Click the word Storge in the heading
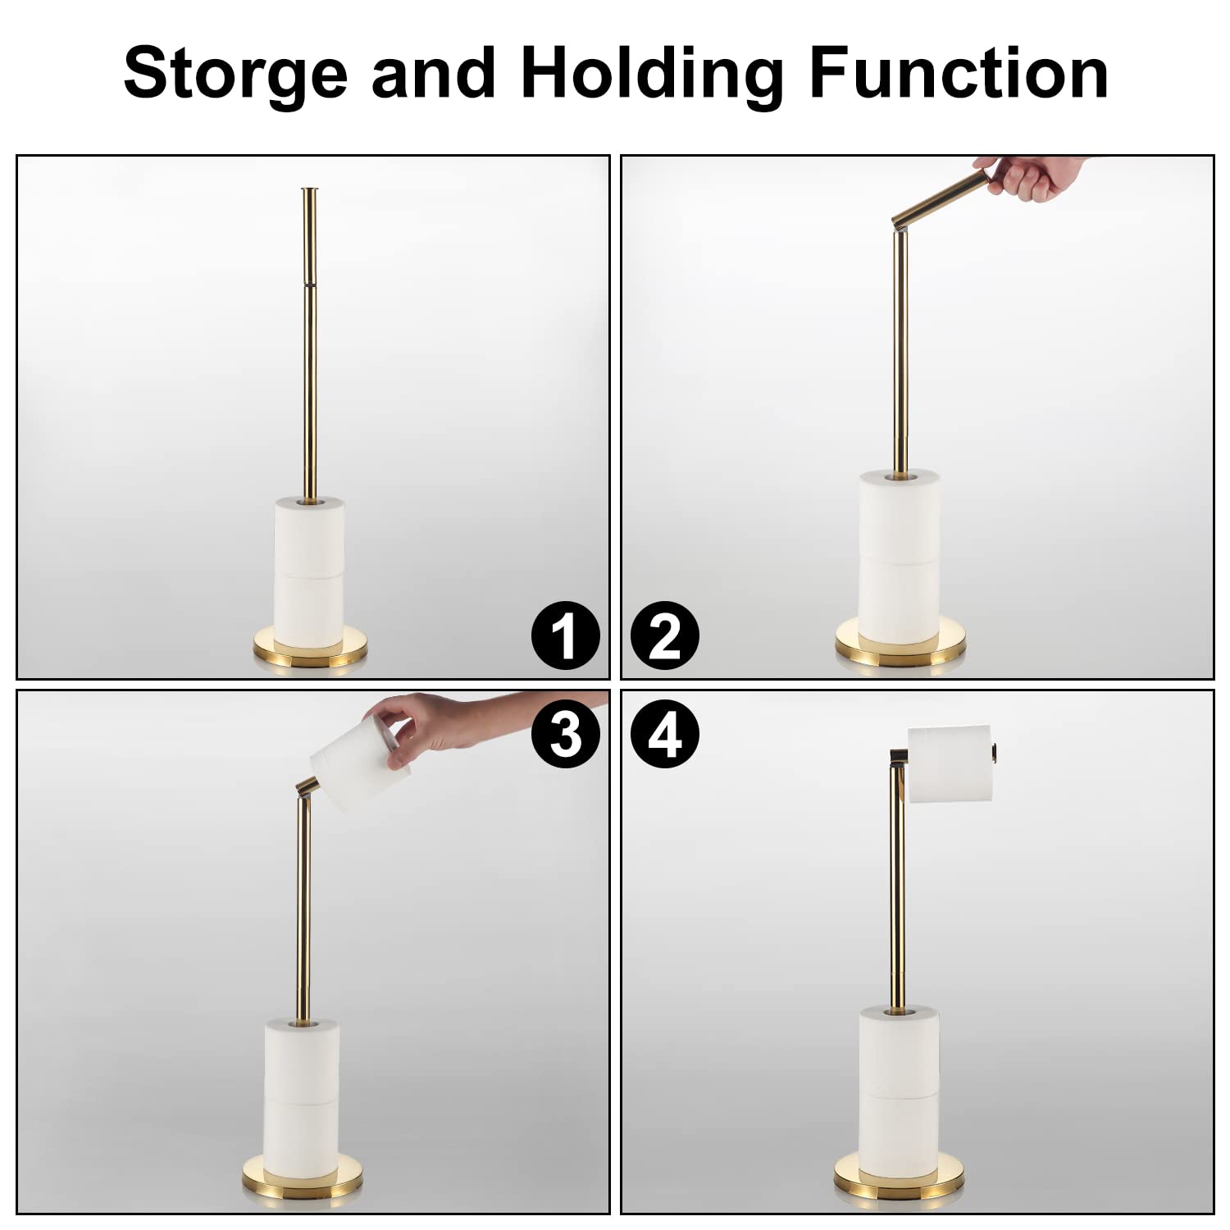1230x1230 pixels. [235, 74]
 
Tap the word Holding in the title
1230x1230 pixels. [652, 74]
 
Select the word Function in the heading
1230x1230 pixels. [959, 74]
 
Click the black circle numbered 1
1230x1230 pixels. [565, 636]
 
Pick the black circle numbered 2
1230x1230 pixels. [665, 636]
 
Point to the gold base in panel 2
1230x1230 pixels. [899, 642]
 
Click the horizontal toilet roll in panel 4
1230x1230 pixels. [951, 763]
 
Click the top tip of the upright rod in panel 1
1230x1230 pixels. [311, 192]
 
